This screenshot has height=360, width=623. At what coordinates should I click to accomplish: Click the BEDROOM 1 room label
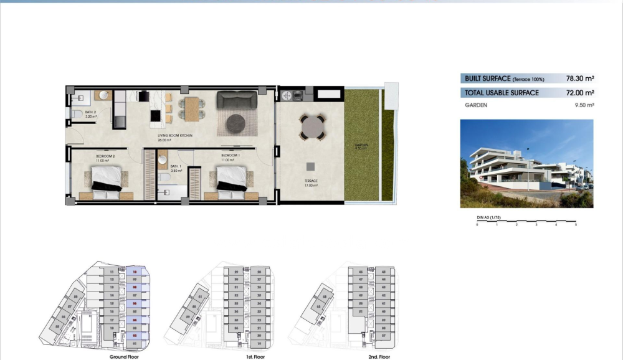(x=230, y=155)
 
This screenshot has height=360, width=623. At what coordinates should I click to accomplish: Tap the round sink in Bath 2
(x=104, y=95)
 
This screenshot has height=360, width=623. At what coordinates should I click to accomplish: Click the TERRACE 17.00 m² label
(x=311, y=182)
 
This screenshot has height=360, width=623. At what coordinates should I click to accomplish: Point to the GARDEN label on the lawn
(x=361, y=146)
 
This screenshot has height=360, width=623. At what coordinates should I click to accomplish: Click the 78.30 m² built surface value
(x=579, y=79)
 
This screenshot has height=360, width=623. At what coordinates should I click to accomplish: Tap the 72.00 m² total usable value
(x=579, y=93)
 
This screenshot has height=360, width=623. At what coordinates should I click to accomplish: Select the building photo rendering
(x=526, y=164)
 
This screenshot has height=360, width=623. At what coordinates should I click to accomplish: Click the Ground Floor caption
(x=123, y=357)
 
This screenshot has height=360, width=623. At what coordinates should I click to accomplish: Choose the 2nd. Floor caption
(x=379, y=357)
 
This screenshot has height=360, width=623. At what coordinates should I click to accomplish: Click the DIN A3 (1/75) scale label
(x=489, y=217)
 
